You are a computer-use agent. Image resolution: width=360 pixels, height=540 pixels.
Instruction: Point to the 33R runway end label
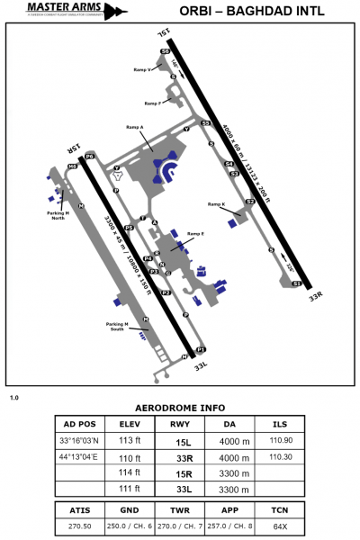coord(314,294)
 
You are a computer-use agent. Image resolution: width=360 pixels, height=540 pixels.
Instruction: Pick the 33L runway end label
coord(202,365)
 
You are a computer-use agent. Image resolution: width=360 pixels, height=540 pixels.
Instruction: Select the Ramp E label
coord(196,233)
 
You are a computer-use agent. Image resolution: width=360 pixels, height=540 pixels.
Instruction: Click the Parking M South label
coord(119,325)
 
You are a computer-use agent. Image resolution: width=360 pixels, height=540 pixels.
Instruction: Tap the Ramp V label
coord(142,69)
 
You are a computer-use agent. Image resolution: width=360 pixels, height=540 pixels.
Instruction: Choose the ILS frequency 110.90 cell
coord(281,440)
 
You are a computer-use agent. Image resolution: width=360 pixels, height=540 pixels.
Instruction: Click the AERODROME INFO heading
coord(179,407)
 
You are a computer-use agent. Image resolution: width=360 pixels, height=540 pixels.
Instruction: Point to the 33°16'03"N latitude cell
coord(78,440)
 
